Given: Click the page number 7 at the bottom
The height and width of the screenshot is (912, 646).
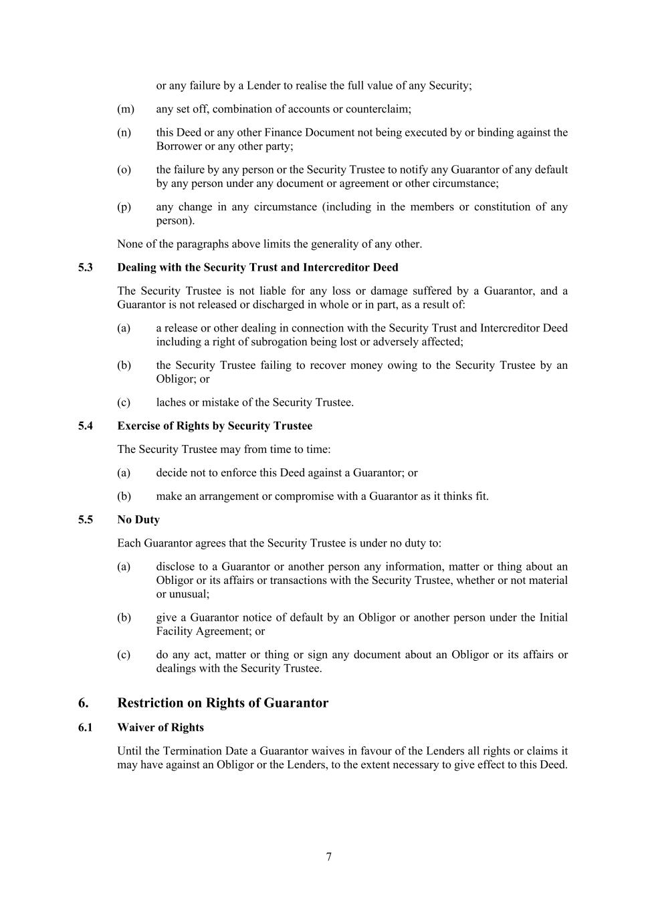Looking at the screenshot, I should pos(328,857).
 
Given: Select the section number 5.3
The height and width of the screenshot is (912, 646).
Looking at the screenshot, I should pos(85,267).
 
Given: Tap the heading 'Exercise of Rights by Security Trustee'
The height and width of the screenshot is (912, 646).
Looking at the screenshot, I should pos(215,426).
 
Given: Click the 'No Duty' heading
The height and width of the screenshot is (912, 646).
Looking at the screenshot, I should pos(138,520).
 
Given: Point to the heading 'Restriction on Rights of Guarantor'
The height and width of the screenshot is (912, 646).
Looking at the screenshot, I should pos(223,703).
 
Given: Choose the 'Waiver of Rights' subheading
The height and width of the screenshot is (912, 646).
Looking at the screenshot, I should pos(160,728).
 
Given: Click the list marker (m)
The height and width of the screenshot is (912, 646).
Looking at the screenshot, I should pos(125,109).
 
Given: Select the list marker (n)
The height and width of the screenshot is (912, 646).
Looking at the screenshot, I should pos(124,132).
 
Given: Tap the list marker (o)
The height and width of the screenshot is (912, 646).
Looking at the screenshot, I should pos(124,170).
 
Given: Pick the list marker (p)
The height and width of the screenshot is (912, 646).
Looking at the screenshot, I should pos(124,207).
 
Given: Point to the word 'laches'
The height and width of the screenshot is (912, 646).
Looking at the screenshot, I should pos(172,402).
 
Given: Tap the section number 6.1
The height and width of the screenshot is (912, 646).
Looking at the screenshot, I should pos(85,728).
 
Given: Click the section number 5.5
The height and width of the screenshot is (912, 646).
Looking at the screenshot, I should pos(85,520).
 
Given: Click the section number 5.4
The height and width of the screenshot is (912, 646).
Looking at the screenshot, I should pos(85,426).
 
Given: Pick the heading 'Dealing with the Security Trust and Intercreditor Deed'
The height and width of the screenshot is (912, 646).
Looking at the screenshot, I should pos(257,267).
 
